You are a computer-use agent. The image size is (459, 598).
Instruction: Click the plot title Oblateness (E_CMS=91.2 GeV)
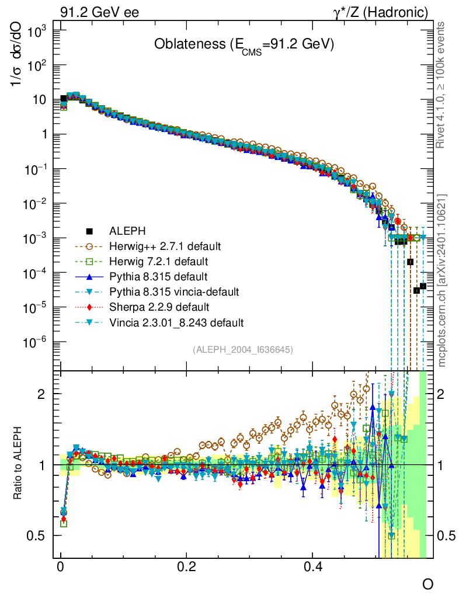pos(244,46)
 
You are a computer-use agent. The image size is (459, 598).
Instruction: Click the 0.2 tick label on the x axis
pos(187,567)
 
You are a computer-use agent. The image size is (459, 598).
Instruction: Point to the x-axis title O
pos(427,585)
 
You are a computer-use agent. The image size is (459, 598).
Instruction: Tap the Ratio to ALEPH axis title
pos(18,464)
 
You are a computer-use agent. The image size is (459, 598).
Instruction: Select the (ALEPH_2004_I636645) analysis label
pos(242,350)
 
